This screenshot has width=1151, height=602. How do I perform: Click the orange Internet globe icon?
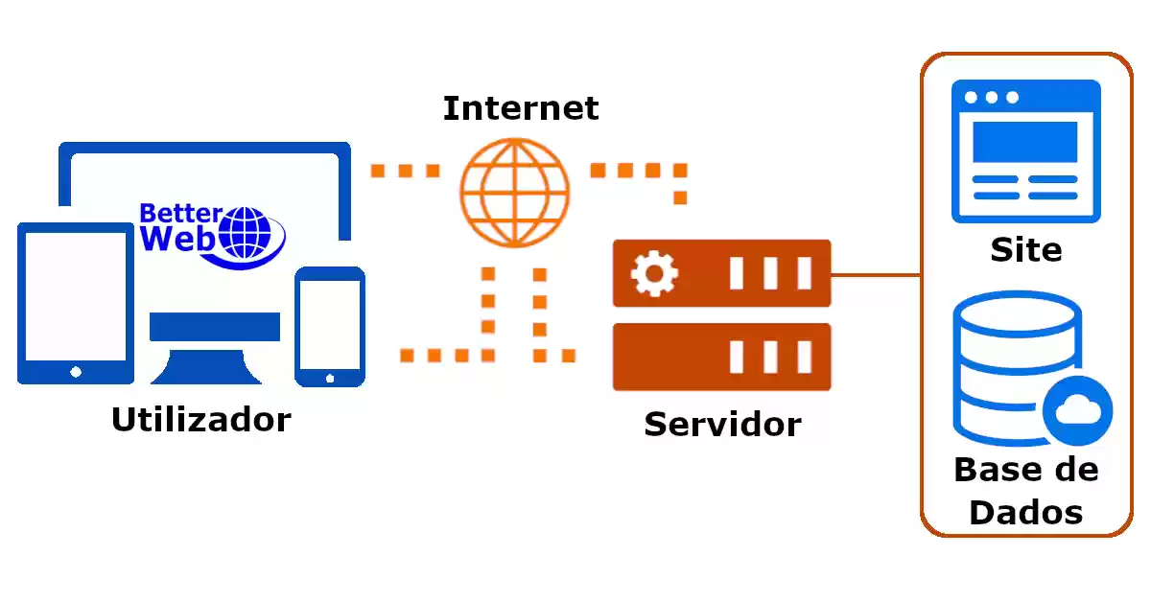coord(514,193)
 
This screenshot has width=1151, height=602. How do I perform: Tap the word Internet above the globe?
coord(521,108)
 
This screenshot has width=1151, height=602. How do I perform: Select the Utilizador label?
coord(201,420)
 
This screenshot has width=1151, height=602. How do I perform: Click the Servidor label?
coord(722,424)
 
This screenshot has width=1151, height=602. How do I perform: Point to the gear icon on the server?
coord(654,274)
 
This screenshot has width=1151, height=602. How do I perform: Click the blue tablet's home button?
coord(76,371)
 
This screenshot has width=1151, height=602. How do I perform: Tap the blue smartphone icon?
coord(330,326)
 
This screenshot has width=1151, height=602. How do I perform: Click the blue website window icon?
coord(1025,150)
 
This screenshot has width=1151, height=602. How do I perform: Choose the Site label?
coord(1026,251)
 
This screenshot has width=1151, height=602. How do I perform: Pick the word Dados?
coord(1026,512)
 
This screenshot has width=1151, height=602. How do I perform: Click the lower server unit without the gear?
coord(721,357)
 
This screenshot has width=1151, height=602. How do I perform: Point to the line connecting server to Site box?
coord(875,276)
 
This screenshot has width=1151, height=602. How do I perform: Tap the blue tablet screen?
coord(76,295)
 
